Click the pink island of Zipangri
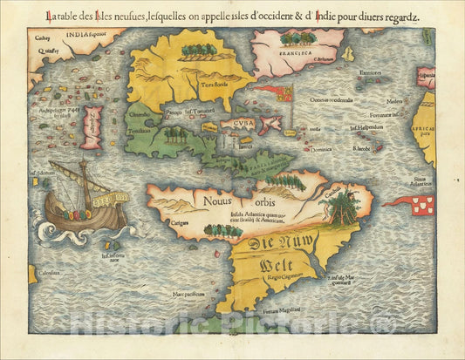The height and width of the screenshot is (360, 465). point(92,128)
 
